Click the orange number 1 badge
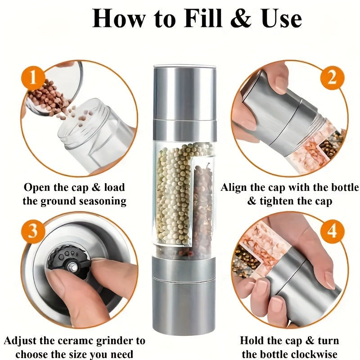pyautogui.click(x=33, y=78)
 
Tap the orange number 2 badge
pyautogui.click(x=332, y=78)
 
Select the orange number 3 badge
pyautogui.click(x=33, y=230)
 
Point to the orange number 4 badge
pyautogui.click(x=332, y=231)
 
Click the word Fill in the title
pyautogui.click(x=203, y=18)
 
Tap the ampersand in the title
pyautogui.click(x=240, y=18)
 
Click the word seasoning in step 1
pyautogui.click(x=103, y=202)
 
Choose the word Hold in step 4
pyautogui.click(x=252, y=341)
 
